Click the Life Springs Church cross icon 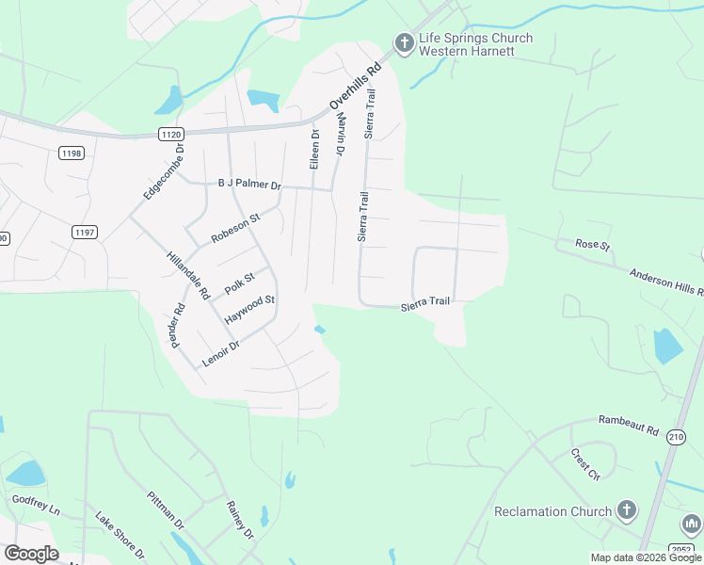tap(404, 43)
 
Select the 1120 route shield tap(170, 135)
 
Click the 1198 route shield tap(71, 153)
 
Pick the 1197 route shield tap(85, 231)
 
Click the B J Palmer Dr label tap(249, 185)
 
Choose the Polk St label tap(240, 281)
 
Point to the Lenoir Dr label tap(221, 352)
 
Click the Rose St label tap(593, 245)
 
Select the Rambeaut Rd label tap(629, 427)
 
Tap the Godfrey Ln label tap(35, 504)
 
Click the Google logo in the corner tap(31, 554)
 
